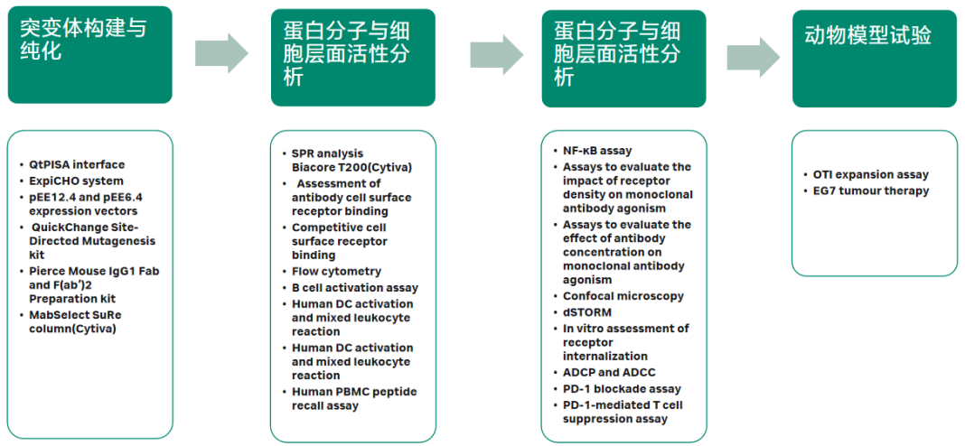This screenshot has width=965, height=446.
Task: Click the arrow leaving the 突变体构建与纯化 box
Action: [221, 53]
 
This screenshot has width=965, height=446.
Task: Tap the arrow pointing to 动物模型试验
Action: [754, 58]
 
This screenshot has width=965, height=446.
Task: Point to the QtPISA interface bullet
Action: [77, 165]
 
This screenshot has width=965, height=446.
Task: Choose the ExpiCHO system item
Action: [76, 181]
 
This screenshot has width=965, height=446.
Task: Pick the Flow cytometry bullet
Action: [336, 271]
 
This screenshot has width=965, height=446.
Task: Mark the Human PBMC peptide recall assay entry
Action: [350, 399]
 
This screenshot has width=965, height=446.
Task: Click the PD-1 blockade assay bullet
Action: [616, 389]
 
